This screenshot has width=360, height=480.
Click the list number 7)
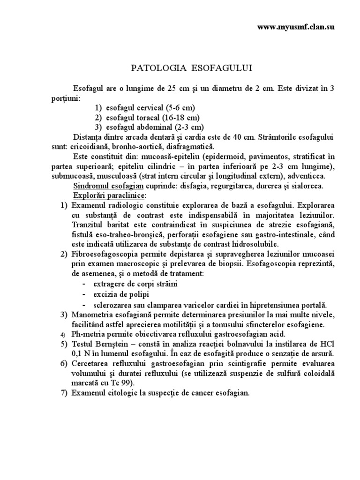coord(64,393)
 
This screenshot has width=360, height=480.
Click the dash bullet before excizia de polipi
coord(83,294)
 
